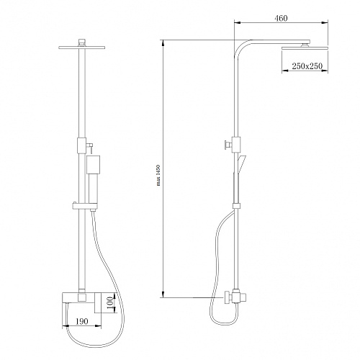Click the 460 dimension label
pos(281,18)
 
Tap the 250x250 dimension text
pos(307,66)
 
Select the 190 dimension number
pos(82,321)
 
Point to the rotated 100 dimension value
pos(109,305)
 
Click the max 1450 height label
pos(158,175)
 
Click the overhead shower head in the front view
pos(81,48)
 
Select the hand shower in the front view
pos(93,179)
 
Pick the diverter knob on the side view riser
pos(228,145)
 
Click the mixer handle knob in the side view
pos(228,298)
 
